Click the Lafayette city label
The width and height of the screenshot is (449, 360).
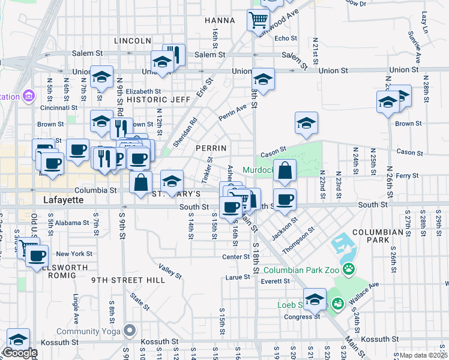(64, 200)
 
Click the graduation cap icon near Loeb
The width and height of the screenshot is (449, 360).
(315, 298)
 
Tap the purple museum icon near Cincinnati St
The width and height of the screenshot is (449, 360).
(28, 96)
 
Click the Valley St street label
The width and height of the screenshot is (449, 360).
(170, 271)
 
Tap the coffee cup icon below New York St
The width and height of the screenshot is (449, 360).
(37, 256)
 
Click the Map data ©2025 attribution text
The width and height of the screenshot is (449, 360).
(423, 355)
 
